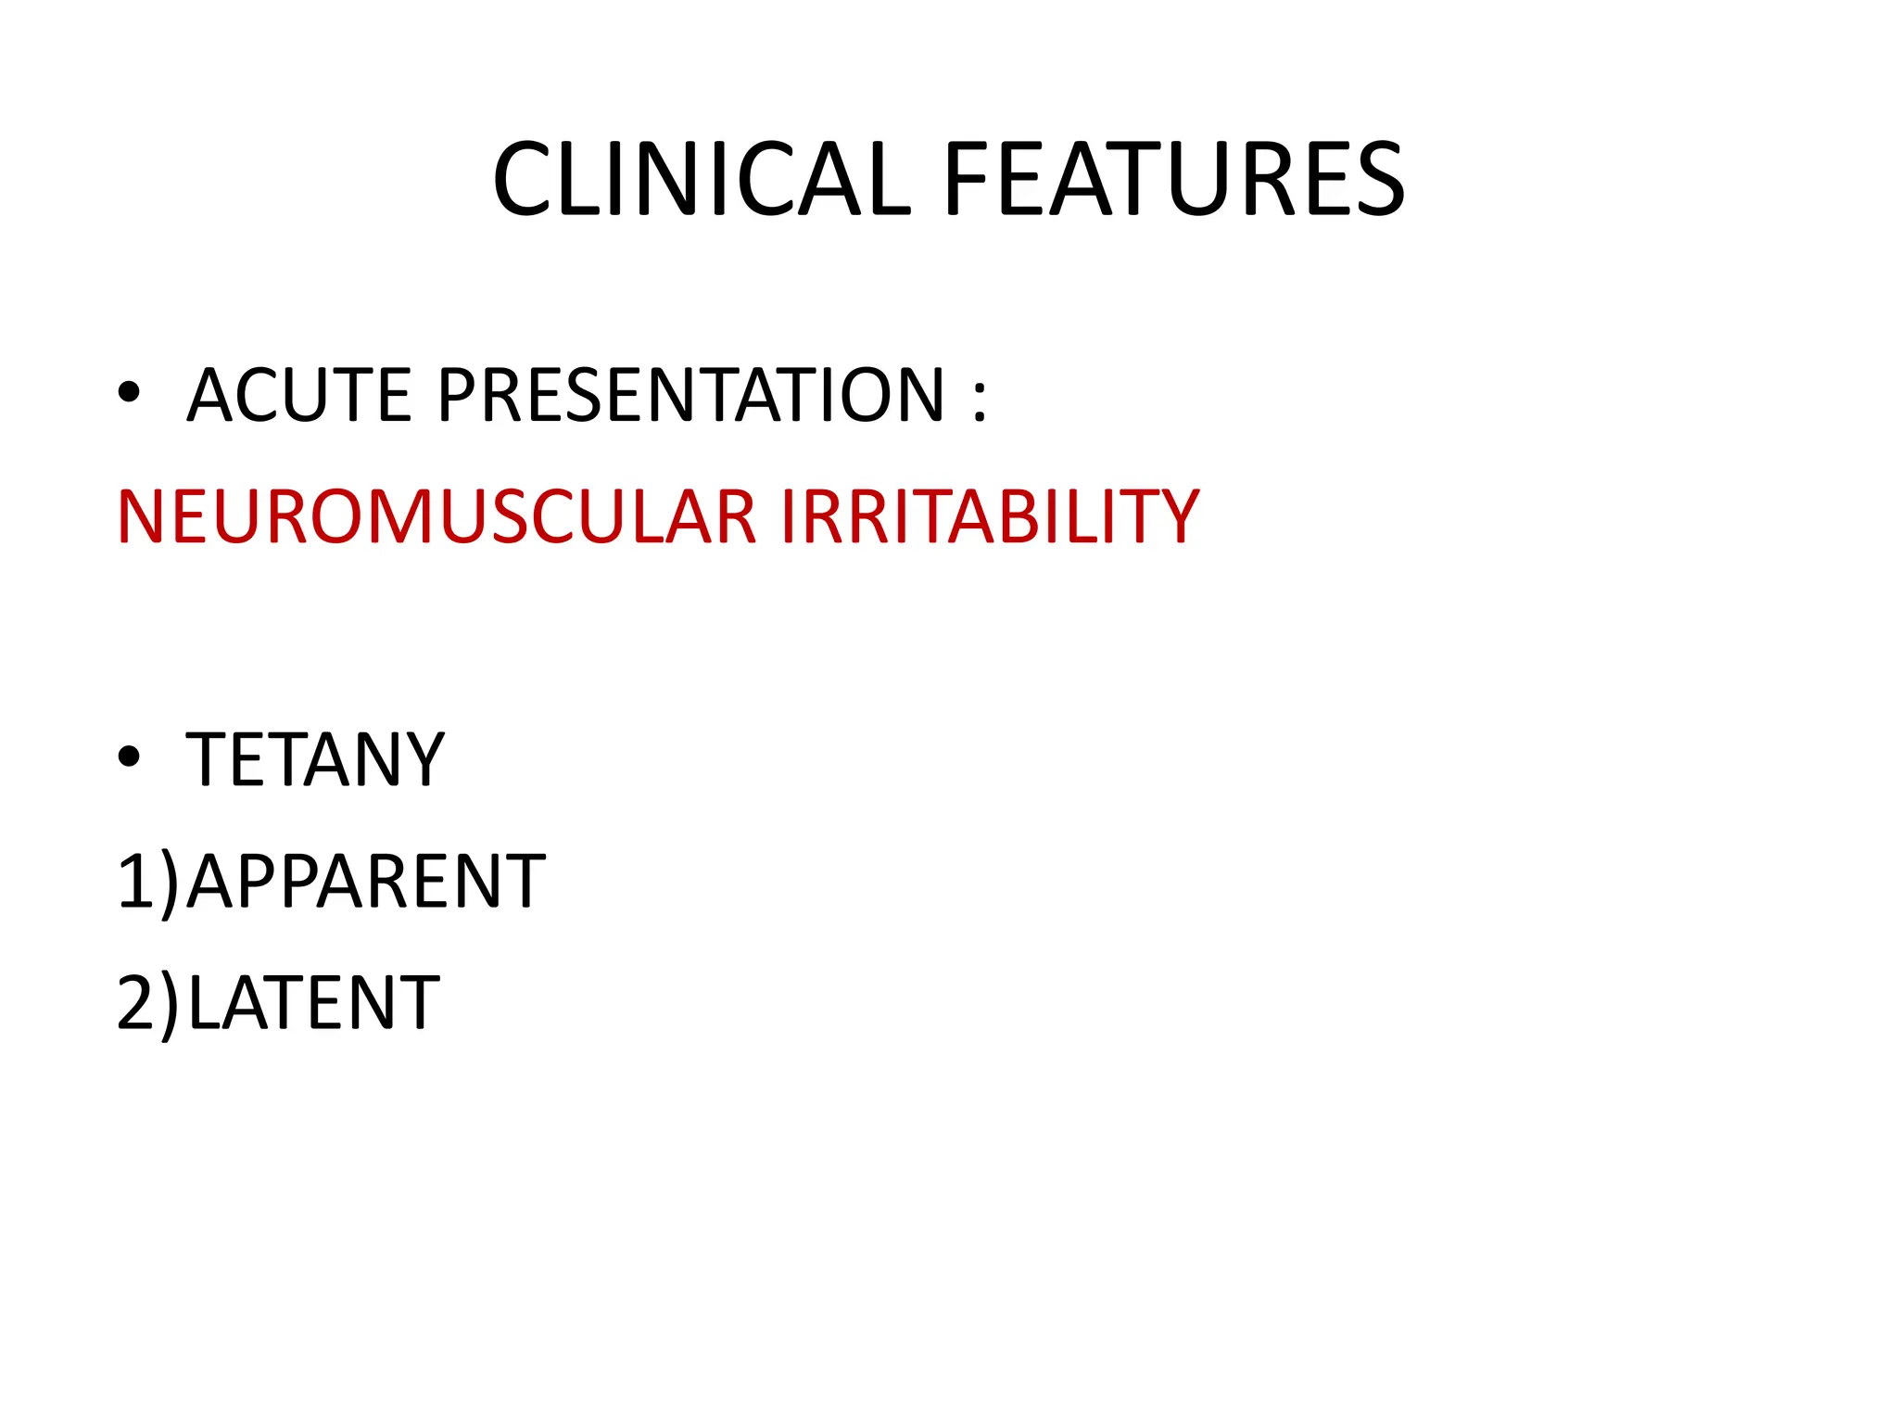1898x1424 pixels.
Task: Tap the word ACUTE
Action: tap(298, 395)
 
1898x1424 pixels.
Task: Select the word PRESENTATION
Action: tap(690, 395)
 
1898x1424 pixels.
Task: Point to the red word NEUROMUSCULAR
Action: tap(437, 516)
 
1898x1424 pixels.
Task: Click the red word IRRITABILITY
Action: tap(990, 516)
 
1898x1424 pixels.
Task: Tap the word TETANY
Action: tap(315, 759)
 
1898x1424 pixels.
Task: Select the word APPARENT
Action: tap(366, 881)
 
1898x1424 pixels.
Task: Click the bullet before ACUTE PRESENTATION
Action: tap(129, 393)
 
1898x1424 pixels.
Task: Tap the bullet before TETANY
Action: tap(129, 757)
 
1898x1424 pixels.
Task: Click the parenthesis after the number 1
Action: tap(170, 884)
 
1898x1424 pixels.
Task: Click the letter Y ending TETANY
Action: tap(422, 759)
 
